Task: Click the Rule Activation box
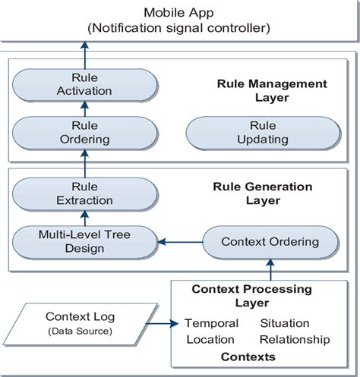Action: (x=84, y=84)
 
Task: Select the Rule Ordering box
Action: (x=84, y=132)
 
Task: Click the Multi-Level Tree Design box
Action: (x=84, y=241)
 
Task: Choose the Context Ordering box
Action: (x=270, y=241)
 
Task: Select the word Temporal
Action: (x=211, y=323)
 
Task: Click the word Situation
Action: (x=284, y=323)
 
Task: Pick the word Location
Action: (x=211, y=339)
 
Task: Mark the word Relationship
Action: (x=294, y=339)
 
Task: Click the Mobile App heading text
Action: (x=179, y=13)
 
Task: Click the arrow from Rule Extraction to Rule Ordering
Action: (x=84, y=162)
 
